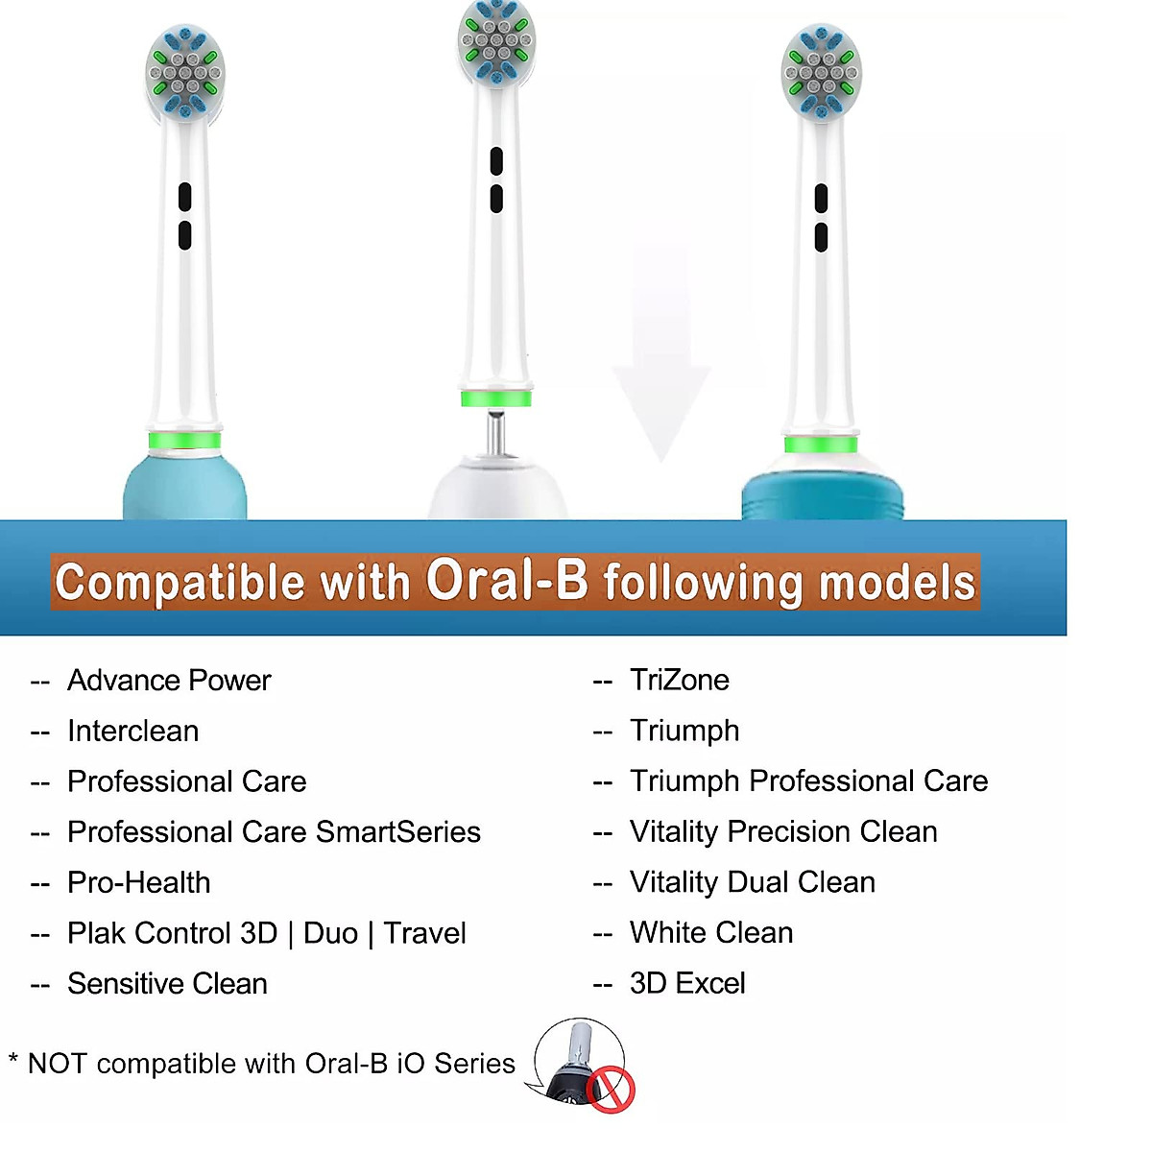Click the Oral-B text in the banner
click(x=506, y=579)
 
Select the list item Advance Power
click(x=169, y=681)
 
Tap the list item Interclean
click(x=133, y=732)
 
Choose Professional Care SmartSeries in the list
click(x=274, y=832)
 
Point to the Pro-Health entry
click(x=139, y=883)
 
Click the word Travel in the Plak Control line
click(x=425, y=933)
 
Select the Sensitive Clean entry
click(x=167, y=984)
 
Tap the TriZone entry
click(x=679, y=681)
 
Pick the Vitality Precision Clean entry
click(x=783, y=832)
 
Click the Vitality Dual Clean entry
click(x=753, y=882)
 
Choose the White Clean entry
click(x=711, y=933)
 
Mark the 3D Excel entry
click(x=687, y=984)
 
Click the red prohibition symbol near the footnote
click(x=611, y=1090)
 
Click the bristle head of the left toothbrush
click(x=185, y=73)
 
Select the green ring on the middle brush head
click(x=496, y=398)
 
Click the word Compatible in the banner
click(x=180, y=583)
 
